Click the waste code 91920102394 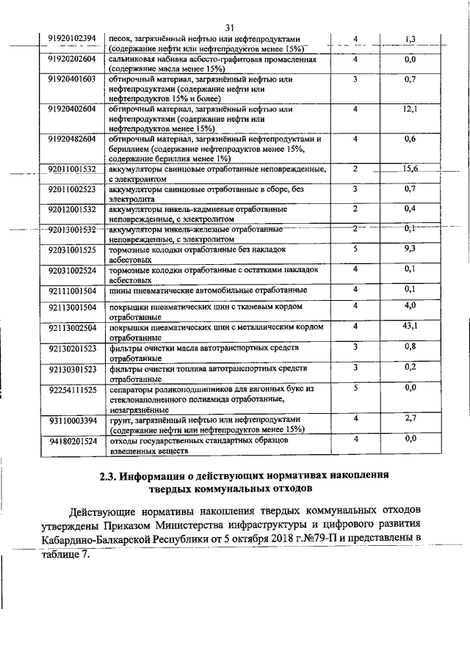[x=72, y=39]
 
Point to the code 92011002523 [x=72, y=189]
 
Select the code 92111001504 [x=72, y=290]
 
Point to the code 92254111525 [x=72, y=390]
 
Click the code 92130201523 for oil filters [x=72, y=347]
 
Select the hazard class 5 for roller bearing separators [x=355, y=387]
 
